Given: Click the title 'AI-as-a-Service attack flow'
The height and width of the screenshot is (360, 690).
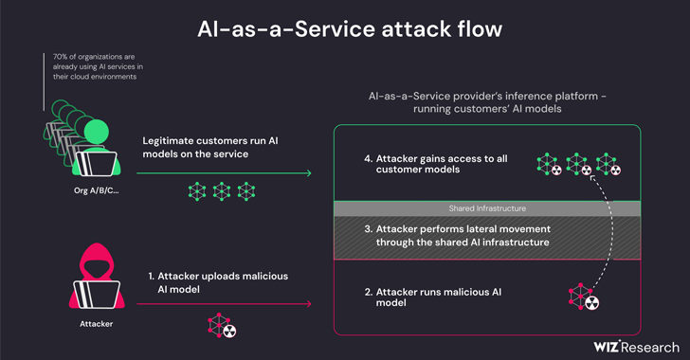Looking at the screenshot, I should [345, 28].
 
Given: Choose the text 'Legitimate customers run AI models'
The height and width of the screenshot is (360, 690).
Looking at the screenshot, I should [210, 148].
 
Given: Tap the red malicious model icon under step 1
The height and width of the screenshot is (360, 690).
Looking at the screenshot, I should [223, 327].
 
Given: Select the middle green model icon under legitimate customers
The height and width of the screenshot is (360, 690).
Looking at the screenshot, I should [222, 191].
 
